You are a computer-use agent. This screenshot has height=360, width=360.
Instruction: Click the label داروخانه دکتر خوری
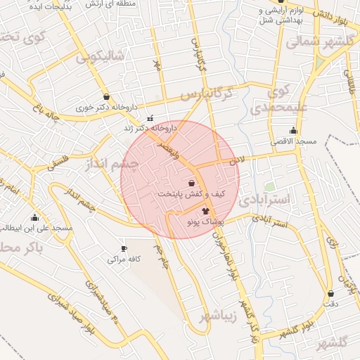tap(106, 109)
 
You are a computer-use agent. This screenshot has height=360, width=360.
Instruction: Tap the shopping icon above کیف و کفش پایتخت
tap(192, 183)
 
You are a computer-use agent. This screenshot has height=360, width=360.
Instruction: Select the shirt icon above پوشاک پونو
tap(205, 210)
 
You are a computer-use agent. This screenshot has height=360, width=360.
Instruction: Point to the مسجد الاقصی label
tap(297, 142)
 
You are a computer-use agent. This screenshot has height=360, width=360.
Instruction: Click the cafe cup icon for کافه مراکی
tap(124, 248)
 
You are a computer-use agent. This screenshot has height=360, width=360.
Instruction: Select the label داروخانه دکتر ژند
tap(150, 129)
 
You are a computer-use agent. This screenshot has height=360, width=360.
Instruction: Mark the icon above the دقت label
tap(330, 293)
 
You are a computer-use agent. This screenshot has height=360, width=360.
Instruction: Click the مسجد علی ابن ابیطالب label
tap(36, 229)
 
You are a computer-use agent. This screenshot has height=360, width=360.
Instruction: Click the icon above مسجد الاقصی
tap(293, 130)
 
